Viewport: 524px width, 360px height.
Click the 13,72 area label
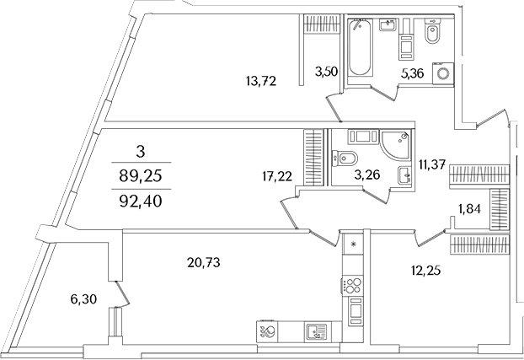tap(261, 81)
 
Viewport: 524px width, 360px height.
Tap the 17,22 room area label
tap(276, 175)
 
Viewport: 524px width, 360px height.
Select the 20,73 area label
tap(203, 263)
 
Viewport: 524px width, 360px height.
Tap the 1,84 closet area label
tap(470, 209)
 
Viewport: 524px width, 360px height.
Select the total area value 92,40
tap(142, 202)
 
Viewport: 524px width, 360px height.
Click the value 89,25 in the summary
tap(142, 175)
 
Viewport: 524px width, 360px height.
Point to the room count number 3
tap(142, 152)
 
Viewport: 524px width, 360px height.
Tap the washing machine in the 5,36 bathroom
tap(442, 74)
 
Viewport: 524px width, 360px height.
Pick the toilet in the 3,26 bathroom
tap(345, 157)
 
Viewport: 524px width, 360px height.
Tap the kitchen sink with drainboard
tap(315, 331)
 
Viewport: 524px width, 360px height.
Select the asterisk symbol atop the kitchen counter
tap(354, 244)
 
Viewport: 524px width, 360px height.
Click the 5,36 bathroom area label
tap(413, 73)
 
